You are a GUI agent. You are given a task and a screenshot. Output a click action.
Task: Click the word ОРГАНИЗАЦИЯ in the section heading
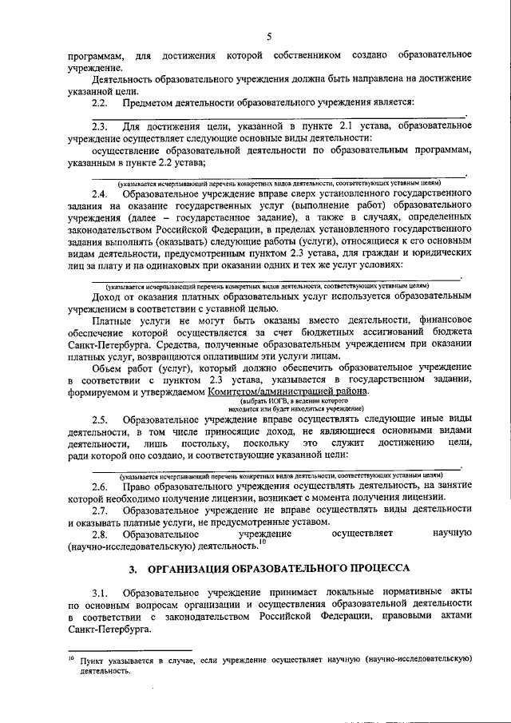click(x=188, y=568)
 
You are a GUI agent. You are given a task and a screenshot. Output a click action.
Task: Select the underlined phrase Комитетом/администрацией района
click(x=288, y=391)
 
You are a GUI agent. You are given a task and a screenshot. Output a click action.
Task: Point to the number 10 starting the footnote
click(x=71, y=657)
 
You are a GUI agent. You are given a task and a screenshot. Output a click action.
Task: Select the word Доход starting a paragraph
click(x=107, y=296)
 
